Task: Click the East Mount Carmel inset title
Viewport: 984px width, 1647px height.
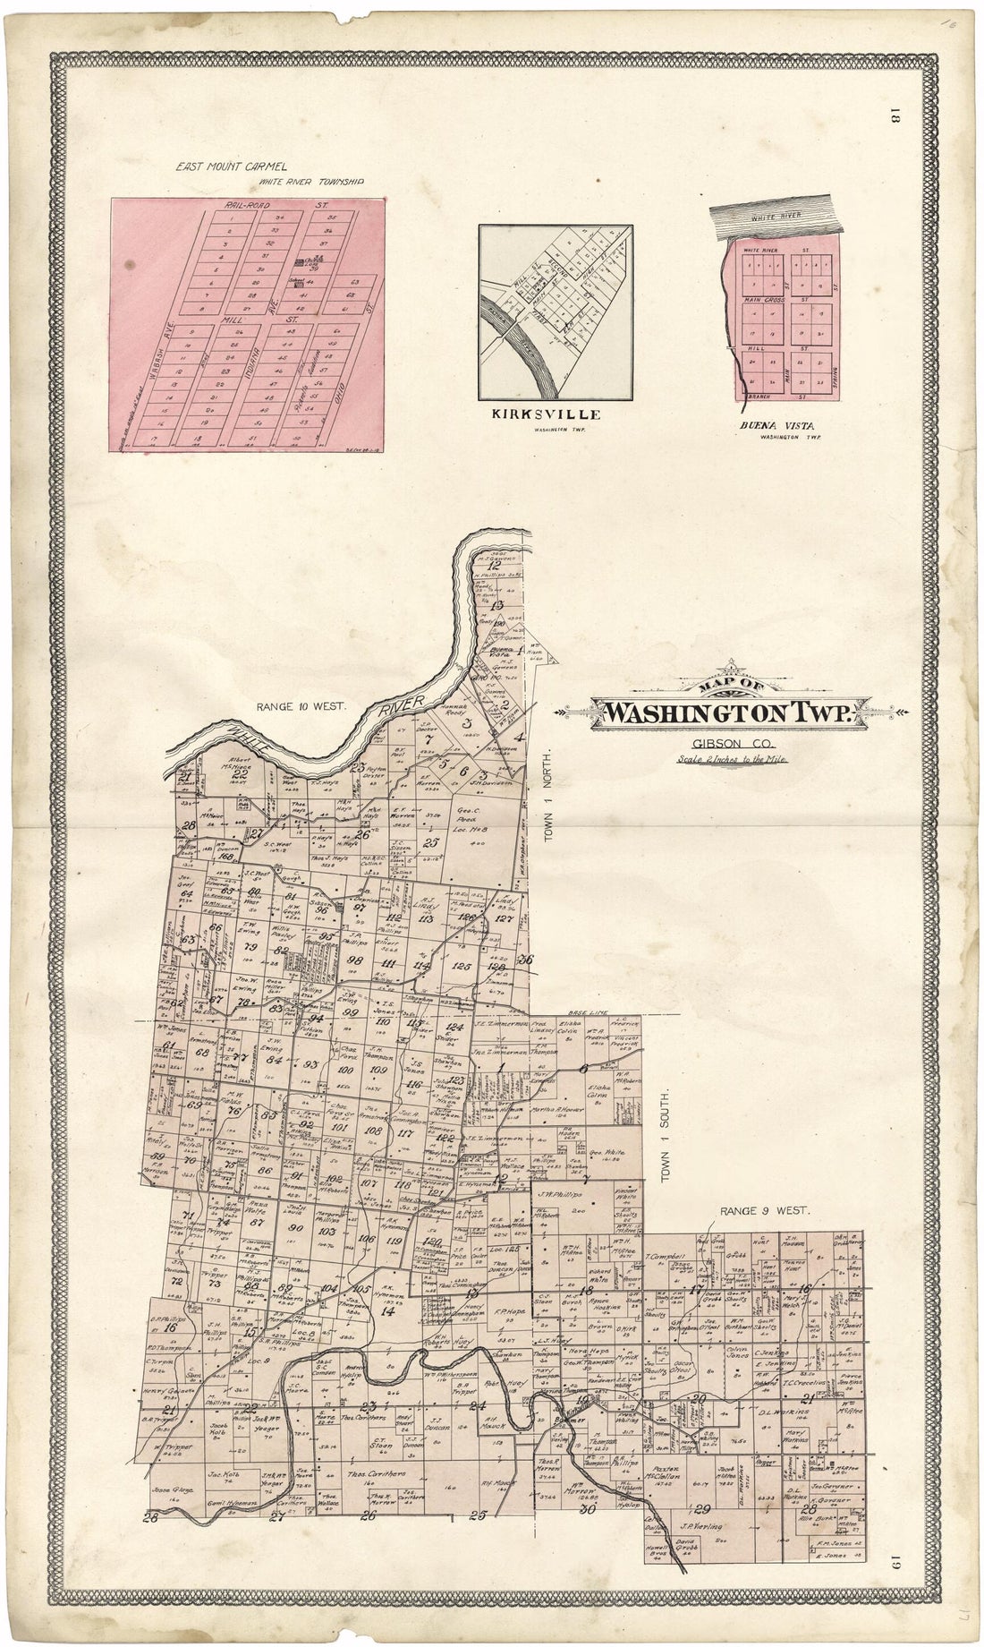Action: [x=231, y=166]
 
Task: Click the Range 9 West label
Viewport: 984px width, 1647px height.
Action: [x=764, y=1209]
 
